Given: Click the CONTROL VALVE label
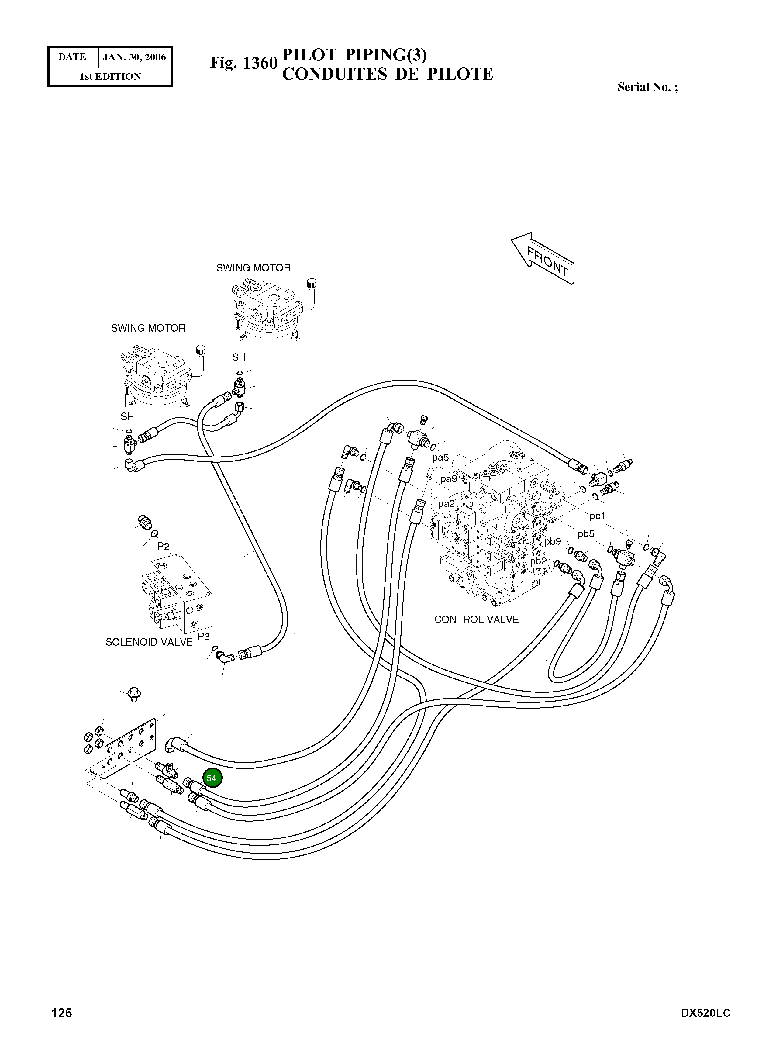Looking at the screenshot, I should point(476,620).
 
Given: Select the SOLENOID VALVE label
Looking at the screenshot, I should point(149,642).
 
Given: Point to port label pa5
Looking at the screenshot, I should point(441,457).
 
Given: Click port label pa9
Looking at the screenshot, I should point(449,479).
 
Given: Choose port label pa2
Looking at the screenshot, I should point(446,504).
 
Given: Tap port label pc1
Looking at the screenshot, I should point(598,516).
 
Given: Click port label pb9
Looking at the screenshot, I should point(553,541).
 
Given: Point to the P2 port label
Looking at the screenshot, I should point(164,546).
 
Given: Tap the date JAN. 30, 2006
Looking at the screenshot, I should point(134,57).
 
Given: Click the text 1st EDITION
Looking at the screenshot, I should point(110,77).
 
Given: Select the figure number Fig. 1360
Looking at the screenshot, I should point(244,63).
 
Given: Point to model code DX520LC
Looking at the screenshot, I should point(705,1013).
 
